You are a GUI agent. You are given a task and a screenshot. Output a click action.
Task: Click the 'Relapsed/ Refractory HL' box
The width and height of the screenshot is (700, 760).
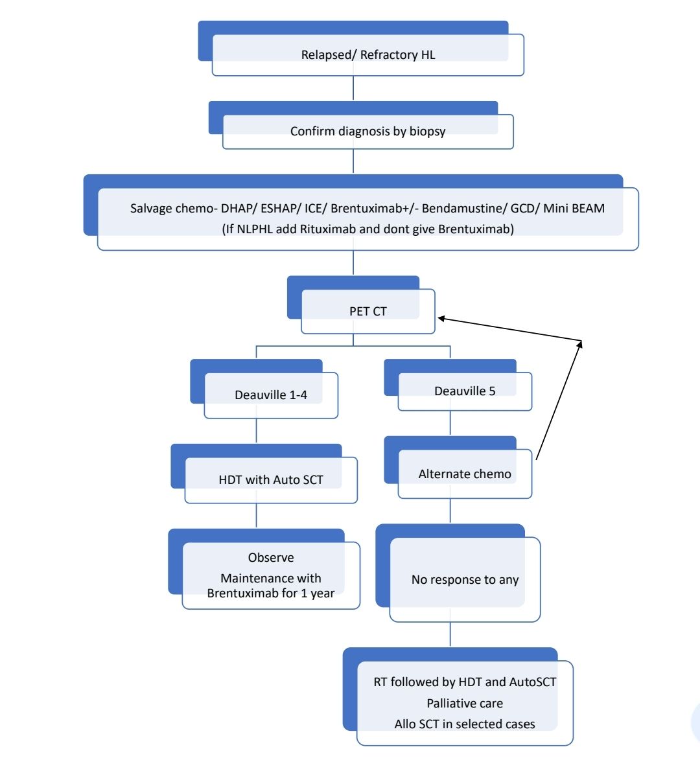[x=367, y=55]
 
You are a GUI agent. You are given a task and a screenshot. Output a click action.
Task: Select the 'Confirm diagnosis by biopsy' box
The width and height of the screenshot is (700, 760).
[x=367, y=132]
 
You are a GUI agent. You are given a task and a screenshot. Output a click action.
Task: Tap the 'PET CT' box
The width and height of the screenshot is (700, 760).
[x=367, y=312]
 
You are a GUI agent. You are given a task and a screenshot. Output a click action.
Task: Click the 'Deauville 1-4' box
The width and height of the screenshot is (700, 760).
[x=271, y=395]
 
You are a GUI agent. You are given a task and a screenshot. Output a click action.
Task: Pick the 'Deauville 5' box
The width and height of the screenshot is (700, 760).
[x=465, y=391]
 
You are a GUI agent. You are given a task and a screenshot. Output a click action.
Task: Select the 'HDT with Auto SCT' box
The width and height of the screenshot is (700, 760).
[x=271, y=480]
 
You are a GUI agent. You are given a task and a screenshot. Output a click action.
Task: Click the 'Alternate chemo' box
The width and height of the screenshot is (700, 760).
[x=465, y=474]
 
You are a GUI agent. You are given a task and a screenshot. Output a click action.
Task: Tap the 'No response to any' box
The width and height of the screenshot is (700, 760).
[x=465, y=580]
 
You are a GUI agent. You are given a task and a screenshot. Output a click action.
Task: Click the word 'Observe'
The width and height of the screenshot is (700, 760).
[x=271, y=558]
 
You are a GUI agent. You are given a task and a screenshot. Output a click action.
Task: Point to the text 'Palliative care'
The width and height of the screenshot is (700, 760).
[x=465, y=704]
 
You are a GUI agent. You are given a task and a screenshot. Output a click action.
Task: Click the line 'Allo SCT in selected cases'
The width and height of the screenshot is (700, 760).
[x=465, y=724]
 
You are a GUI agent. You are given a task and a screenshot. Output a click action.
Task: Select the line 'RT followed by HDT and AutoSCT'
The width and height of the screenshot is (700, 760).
[x=465, y=682]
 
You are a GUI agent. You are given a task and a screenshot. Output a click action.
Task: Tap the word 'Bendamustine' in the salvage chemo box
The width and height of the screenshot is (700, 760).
[x=460, y=209]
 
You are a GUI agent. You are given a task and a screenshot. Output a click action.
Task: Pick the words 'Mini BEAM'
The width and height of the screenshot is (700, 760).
[x=574, y=209]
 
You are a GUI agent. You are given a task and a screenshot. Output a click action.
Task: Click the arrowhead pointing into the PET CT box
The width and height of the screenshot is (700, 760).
[x=442, y=318]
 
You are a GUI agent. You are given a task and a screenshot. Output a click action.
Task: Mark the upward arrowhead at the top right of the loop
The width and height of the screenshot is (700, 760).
[x=579, y=344]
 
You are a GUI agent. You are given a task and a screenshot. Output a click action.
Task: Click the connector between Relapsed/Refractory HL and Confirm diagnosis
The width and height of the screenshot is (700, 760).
[x=353, y=88]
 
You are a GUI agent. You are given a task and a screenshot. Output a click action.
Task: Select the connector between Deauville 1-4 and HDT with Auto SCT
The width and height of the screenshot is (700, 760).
[x=257, y=431]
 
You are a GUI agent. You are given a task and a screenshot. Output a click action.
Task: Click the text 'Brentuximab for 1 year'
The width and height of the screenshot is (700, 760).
[x=271, y=593]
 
